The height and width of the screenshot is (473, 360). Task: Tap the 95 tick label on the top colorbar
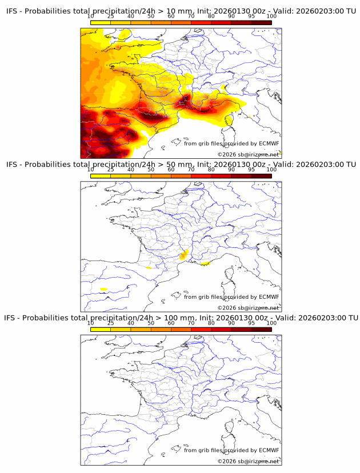[x=251, y=16]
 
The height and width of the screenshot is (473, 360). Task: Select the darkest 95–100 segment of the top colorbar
[x=261, y=22]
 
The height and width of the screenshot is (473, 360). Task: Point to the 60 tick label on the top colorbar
[x=171, y=16]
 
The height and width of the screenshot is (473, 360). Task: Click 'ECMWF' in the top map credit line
[x=269, y=143]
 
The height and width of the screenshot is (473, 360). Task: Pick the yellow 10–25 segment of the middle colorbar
[x=101, y=175]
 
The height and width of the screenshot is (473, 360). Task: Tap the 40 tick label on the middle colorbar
[x=131, y=169]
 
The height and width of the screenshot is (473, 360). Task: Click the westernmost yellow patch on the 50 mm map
[x=103, y=289]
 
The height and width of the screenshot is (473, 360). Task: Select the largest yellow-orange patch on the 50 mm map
[x=183, y=255]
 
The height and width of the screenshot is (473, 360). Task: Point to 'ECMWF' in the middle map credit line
[x=269, y=296]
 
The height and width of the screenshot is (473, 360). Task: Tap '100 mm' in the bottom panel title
[x=183, y=318]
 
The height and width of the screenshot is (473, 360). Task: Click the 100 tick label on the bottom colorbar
[x=271, y=323]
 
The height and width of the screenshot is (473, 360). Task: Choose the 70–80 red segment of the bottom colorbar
[x=201, y=329]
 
